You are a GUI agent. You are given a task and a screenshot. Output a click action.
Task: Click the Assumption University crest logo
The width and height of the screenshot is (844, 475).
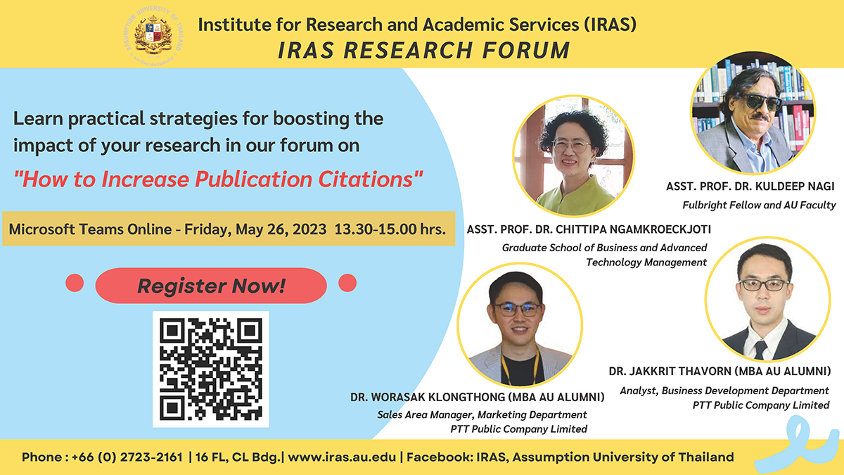click(153, 37)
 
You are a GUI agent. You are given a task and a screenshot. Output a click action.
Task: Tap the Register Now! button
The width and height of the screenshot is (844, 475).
click(211, 286)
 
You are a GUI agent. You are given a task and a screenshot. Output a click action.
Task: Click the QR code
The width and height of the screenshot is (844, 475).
click(210, 369)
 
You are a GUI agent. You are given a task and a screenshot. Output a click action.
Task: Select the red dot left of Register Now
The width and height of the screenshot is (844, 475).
click(75, 283)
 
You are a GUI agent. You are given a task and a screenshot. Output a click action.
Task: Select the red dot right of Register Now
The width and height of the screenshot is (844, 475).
click(347, 283)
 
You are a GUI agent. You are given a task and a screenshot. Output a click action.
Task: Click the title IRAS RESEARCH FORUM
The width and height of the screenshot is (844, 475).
click(424, 50)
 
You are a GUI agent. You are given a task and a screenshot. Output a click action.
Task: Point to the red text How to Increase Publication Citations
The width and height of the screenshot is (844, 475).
click(218, 179)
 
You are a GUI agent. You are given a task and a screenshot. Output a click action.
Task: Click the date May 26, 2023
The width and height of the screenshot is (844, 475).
click(281, 229)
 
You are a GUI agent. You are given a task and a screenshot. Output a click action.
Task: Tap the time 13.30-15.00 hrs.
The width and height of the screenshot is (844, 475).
click(390, 229)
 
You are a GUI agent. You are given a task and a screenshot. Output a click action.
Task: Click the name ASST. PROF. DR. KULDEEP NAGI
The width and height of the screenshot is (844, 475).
click(750, 186)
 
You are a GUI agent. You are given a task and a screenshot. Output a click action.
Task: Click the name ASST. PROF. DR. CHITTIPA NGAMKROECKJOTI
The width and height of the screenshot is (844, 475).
click(589, 229)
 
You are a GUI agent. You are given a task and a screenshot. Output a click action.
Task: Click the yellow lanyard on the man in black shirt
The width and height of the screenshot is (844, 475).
click(521, 364)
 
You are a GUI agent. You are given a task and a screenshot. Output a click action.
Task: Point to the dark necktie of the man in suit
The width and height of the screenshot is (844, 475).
click(760, 350)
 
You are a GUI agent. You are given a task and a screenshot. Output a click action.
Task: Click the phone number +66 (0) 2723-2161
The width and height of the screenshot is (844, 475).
click(127, 457)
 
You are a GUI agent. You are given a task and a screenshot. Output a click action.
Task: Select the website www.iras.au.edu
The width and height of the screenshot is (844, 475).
click(342, 457)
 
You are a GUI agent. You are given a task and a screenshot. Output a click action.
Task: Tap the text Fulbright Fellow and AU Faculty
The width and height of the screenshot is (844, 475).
click(759, 205)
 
